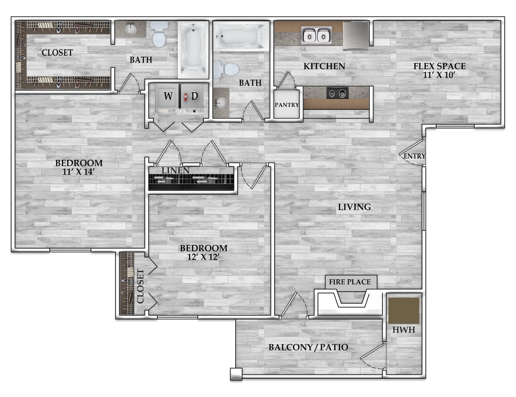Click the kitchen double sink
(316, 35)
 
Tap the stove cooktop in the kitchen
(337, 93)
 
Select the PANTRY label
(286, 104)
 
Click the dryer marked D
(194, 97)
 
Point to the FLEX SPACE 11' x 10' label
(439, 70)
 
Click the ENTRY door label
(414, 156)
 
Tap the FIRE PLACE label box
(349, 282)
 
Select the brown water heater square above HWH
(404, 310)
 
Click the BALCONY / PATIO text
(308, 348)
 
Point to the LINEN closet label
(175, 170)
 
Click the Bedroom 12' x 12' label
(204, 252)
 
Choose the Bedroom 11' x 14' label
(79, 167)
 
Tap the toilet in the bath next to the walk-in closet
(159, 36)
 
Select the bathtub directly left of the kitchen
(241, 36)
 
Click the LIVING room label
(354, 207)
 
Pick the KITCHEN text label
(324, 66)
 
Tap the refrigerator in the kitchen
(356, 35)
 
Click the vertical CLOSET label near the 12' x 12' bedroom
(140, 286)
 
